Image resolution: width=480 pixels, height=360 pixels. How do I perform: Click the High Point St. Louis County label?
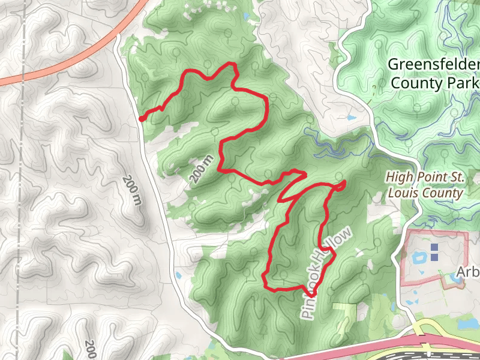(x=425, y=185)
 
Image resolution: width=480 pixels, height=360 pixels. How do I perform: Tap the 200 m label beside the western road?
(x=133, y=190)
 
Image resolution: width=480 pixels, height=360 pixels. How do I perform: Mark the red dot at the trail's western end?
(x=141, y=119)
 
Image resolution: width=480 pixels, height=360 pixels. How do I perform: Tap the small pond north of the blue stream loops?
(x=348, y=118)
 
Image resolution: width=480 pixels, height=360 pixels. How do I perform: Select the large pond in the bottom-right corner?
(x=465, y=322)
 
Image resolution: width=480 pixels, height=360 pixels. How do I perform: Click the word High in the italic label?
(x=398, y=178)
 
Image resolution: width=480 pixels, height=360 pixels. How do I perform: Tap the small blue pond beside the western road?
(x=178, y=275)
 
